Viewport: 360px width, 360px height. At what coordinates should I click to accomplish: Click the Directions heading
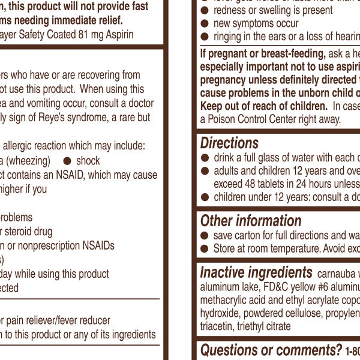pyautogui.click(x=229, y=143)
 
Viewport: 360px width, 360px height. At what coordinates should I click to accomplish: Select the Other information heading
pyautogui.click(x=251, y=221)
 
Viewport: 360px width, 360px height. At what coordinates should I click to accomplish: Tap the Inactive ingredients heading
pyautogui.click(x=256, y=272)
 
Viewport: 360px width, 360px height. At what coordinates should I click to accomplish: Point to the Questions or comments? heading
pyautogui.click(x=271, y=350)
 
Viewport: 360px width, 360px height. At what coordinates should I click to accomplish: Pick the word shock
pyautogui.click(x=88, y=161)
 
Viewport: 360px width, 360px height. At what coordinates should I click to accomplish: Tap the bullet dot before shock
pyautogui.click(x=67, y=161)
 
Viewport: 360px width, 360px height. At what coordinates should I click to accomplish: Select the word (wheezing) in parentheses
pyautogui.click(x=29, y=161)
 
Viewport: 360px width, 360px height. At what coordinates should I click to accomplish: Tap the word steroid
pyautogui.click(x=25, y=231)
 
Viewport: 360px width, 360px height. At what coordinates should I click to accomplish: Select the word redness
pyautogui.click(x=232, y=10)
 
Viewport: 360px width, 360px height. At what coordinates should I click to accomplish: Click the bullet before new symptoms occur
pyautogui.click(x=205, y=23)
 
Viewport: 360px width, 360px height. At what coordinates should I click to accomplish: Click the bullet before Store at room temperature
pyautogui.click(x=205, y=248)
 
